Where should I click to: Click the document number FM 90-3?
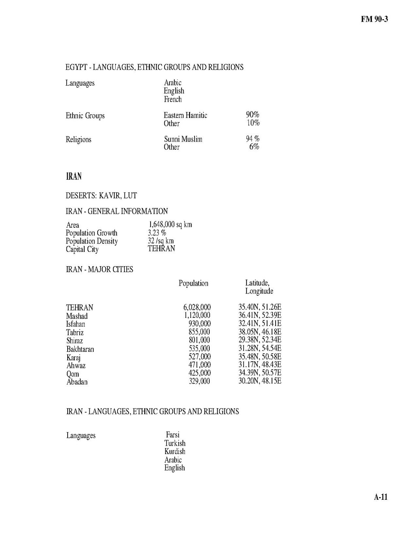(x=374, y=20)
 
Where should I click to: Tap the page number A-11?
(x=380, y=497)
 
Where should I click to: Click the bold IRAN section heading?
(x=73, y=176)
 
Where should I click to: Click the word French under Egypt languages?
(x=173, y=99)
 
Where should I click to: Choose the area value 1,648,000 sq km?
(x=170, y=224)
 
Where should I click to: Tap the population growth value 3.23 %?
(x=157, y=233)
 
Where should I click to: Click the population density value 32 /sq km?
(x=160, y=241)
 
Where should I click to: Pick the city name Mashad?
(x=77, y=316)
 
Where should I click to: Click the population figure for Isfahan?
(x=199, y=324)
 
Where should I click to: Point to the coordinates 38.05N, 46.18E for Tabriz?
(x=260, y=332)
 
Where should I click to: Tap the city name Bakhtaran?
(x=80, y=349)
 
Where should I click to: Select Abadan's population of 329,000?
(x=199, y=381)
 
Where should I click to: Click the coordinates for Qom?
(x=260, y=373)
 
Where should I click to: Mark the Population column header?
(x=193, y=283)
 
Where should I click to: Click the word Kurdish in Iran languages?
(x=174, y=451)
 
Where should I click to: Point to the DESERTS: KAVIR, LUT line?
(x=101, y=195)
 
